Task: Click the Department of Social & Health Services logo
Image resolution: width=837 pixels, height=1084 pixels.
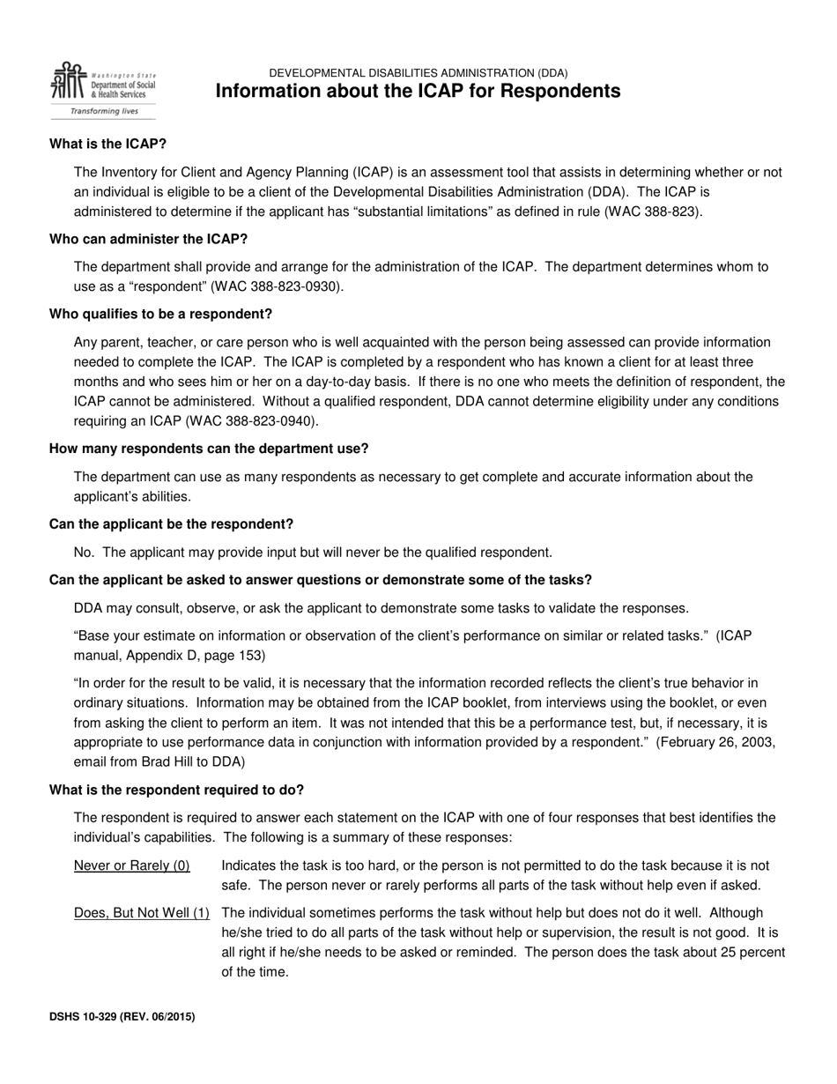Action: click(x=102, y=83)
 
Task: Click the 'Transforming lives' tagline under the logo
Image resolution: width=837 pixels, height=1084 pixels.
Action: click(x=104, y=112)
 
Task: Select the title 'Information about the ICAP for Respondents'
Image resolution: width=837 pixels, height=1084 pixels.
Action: click(x=418, y=92)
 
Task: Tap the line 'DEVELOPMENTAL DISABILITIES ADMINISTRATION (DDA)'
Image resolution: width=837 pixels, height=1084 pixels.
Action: click(x=418, y=73)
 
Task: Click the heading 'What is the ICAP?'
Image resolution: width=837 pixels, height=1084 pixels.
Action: click(x=107, y=144)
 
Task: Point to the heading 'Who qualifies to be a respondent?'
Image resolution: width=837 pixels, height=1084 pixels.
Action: click(x=160, y=314)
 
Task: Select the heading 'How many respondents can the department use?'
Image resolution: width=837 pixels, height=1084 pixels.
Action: click(x=209, y=449)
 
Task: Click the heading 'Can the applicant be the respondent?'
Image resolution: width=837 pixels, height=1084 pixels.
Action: click(x=171, y=524)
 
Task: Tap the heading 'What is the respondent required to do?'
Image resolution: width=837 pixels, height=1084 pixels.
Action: click(x=176, y=790)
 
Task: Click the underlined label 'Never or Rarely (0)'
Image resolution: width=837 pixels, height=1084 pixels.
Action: click(x=132, y=865)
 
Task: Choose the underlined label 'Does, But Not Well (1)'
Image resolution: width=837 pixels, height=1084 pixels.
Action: click(x=142, y=913)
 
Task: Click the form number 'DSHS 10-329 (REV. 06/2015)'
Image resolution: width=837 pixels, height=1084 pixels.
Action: click(x=122, y=1016)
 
